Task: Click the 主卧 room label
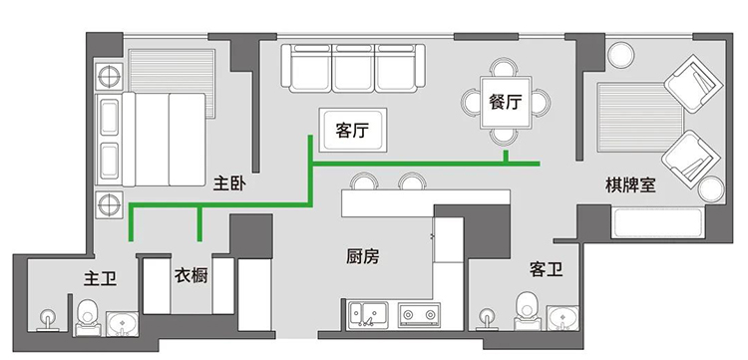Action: (x=229, y=183)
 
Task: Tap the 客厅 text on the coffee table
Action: (x=352, y=131)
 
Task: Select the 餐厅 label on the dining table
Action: (x=506, y=102)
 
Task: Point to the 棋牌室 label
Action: (x=630, y=185)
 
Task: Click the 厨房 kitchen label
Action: (x=363, y=257)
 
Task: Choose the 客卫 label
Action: (x=547, y=270)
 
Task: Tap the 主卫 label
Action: (x=100, y=278)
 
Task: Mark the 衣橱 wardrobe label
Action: (x=191, y=275)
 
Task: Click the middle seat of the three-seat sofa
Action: (x=353, y=68)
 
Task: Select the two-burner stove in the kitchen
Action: (x=418, y=315)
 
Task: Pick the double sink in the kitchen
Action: (x=367, y=315)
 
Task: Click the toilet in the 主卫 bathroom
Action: (x=88, y=317)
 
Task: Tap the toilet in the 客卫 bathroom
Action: (x=528, y=310)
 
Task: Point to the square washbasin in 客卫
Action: (x=562, y=318)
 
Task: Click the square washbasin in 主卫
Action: (x=122, y=324)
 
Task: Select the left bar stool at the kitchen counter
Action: (x=364, y=181)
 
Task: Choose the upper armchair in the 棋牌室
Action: (x=693, y=84)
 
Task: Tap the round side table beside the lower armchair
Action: (x=711, y=188)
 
